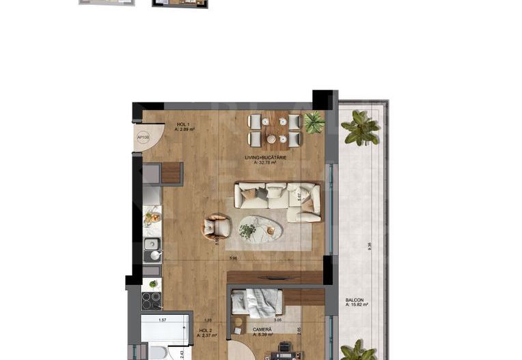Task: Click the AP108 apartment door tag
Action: point(143,137)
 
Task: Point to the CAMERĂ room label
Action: point(263,331)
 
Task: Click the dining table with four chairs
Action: point(274,130)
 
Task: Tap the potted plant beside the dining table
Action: point(314,122)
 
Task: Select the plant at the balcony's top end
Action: point(360,128)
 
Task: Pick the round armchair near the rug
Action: point(216,226)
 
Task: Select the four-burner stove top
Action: point(152,301)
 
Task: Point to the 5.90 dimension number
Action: point(233,258)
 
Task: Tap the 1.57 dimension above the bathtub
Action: point(162,319)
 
